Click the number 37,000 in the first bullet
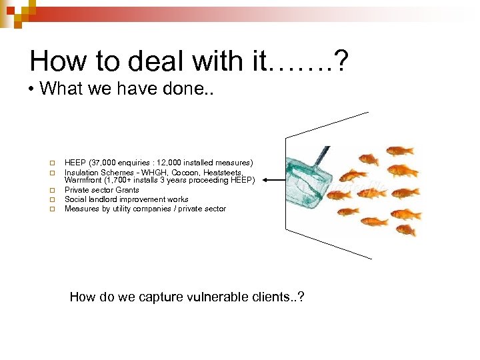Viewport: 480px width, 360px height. click(x=105, y=162)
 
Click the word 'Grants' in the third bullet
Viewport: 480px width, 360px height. click(x=127, y=190)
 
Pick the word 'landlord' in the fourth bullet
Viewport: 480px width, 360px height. click(x=101, y=199)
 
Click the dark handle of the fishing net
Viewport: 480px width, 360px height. click(x=322, y=155)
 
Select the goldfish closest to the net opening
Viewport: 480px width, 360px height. click(x=351, y=176)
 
